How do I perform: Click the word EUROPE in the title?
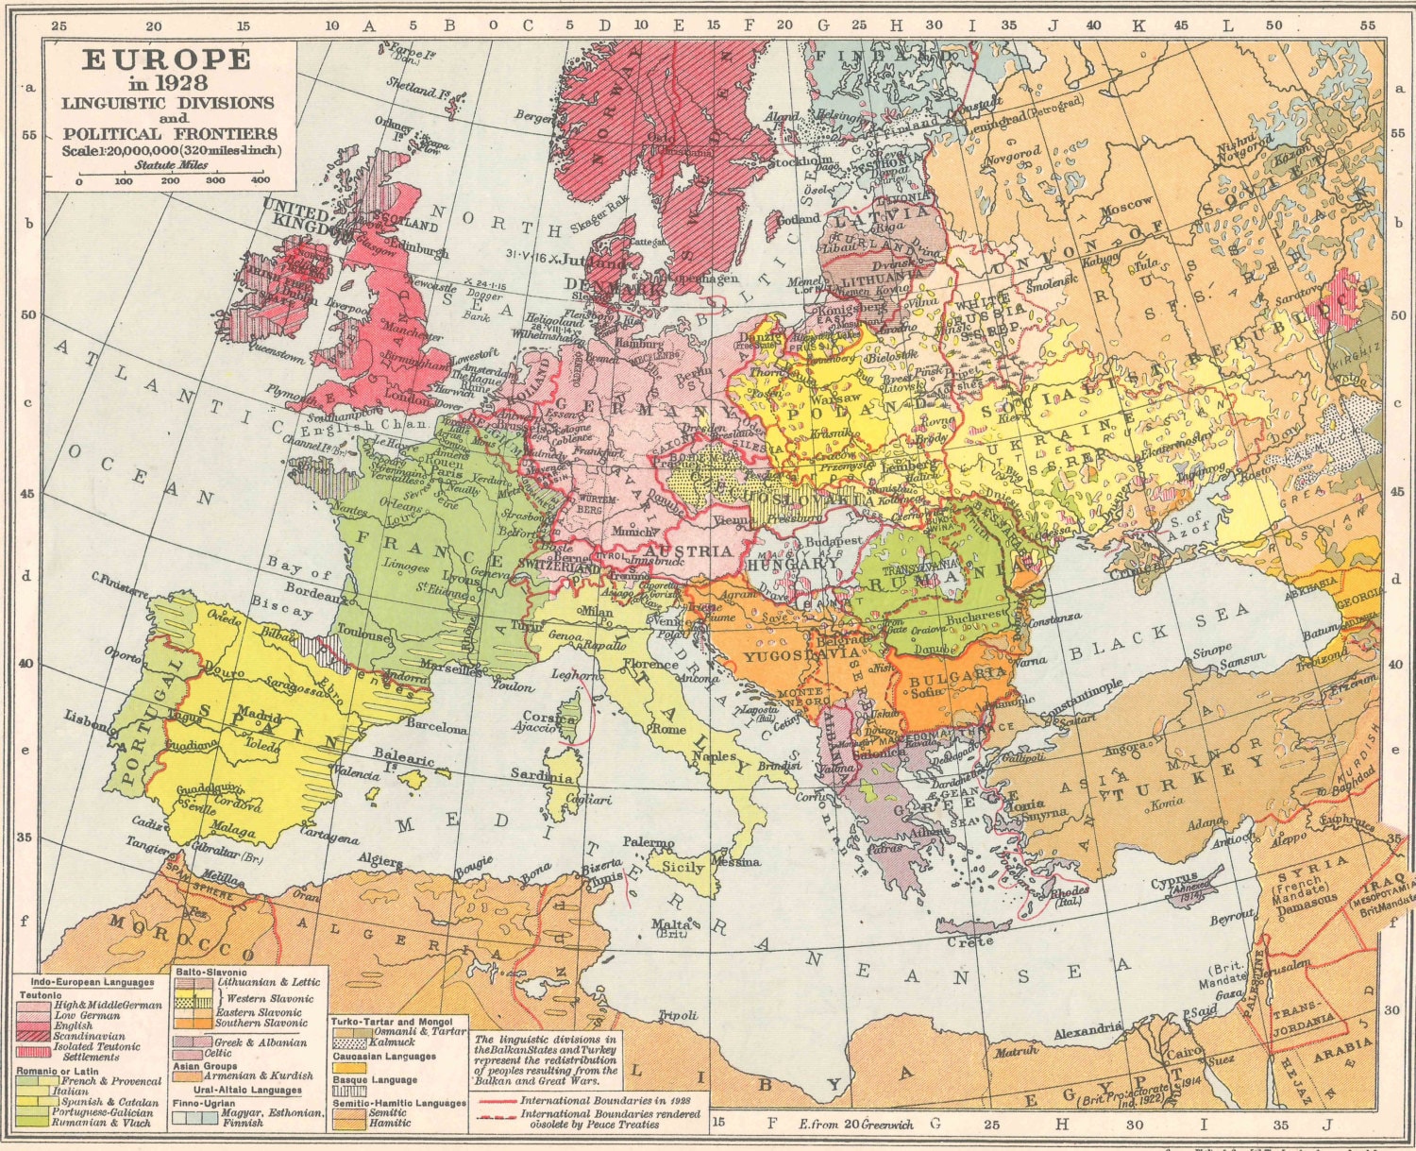(x=167, y=60)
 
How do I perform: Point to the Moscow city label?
(x=1126, y=204)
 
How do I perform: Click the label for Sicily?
(x=683, y=867)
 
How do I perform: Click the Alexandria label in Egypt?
(x=1087, y=1032)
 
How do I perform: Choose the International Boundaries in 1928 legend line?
(x=604, y=1100)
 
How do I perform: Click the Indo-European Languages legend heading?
(x=90, y=983)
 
